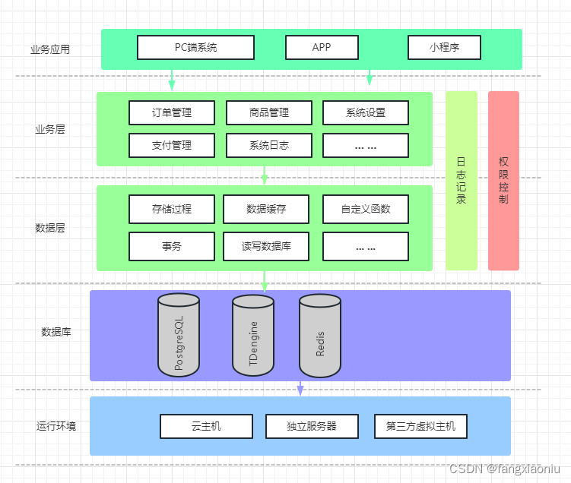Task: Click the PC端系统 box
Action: click(195, 47)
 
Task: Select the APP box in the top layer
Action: click(322, 47)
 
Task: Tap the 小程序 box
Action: click(444, 47)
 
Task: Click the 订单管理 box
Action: click(171, 112)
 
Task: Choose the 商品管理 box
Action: click(268, 112)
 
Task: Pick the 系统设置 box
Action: click(366, 112)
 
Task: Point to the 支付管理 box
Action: click(171, 145)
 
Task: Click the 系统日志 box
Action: click(268, 145)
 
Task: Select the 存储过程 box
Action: click(171, 209)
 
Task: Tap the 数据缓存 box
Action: click(266, 209)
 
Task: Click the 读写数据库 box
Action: click(266, 246)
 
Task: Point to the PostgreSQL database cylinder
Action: click(179, 336)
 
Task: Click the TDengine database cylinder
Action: click(253, 336)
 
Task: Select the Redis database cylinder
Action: click(320, 336)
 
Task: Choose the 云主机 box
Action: click(206, 426)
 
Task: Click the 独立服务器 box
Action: click(312, 426)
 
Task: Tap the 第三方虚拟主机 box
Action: click(420, 426)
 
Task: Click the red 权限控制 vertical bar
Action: click(503, 181)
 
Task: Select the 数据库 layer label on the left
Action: click(56, 332)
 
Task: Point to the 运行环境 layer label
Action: click(56, 426)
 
